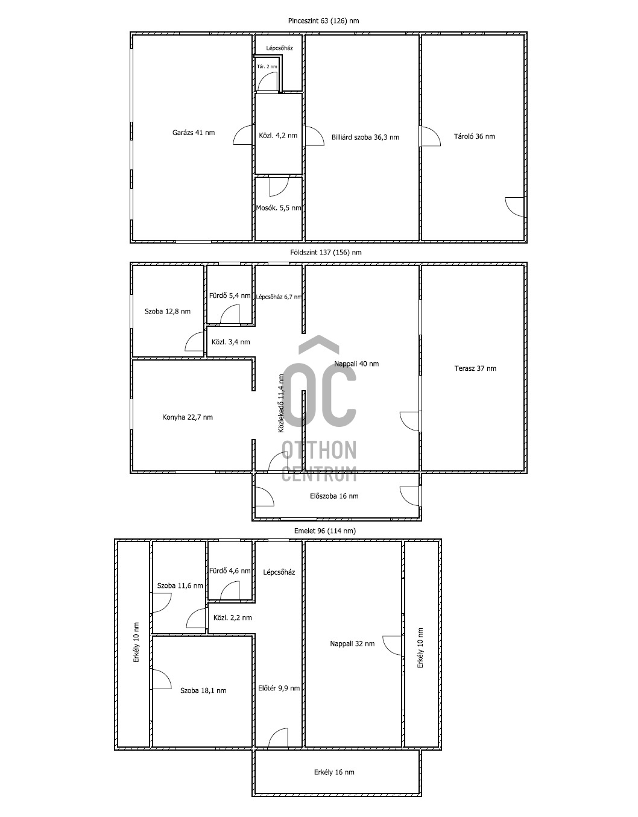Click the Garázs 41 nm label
click(194, 132)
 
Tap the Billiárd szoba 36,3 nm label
click(365, 137)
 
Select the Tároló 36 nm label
click(474, 136)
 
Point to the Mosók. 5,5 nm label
click(279, 207)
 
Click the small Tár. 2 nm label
click(267, 66)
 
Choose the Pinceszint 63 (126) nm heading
click(323, 21)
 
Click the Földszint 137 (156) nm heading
click(326, 252)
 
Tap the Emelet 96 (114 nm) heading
click(325, 531)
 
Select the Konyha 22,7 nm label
click(187, 417)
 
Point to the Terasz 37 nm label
click(475, 368)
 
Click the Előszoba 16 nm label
click(334, 496)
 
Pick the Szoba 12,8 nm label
click(167, 311)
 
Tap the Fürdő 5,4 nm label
click(230, 295)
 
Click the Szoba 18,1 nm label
click(203, 690)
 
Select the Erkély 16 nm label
click(334, 772)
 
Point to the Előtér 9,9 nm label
click(279, 688)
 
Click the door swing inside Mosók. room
click(279, 186)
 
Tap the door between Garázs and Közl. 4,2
click(243, 135)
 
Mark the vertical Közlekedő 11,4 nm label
click(281, 403)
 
